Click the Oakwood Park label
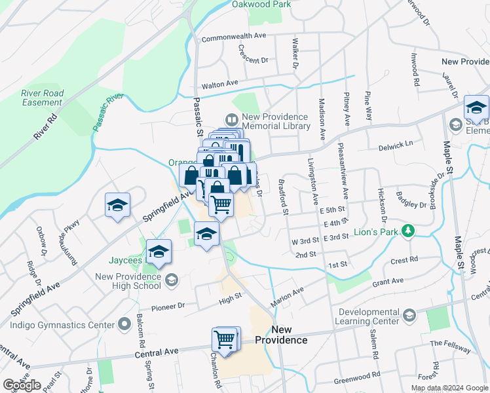261,4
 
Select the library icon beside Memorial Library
231,120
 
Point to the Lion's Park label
379,231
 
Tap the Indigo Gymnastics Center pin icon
124,324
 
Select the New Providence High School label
128,280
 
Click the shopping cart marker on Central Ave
225,340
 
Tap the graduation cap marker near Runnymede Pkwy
117,206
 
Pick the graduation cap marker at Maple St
476,107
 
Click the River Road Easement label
42,98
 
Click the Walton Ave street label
219,84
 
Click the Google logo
22,385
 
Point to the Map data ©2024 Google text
449,388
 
